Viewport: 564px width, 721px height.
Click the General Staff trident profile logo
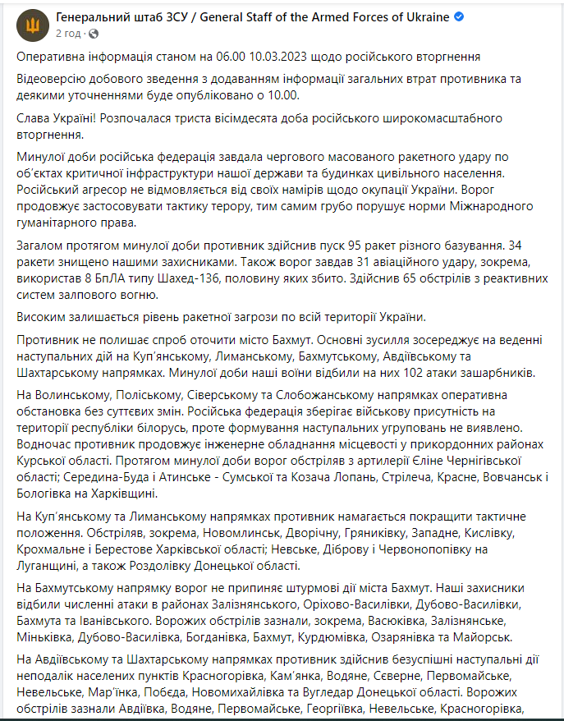click(x=33, y=25)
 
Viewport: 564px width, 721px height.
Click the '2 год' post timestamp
click(x=68, y=34)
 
